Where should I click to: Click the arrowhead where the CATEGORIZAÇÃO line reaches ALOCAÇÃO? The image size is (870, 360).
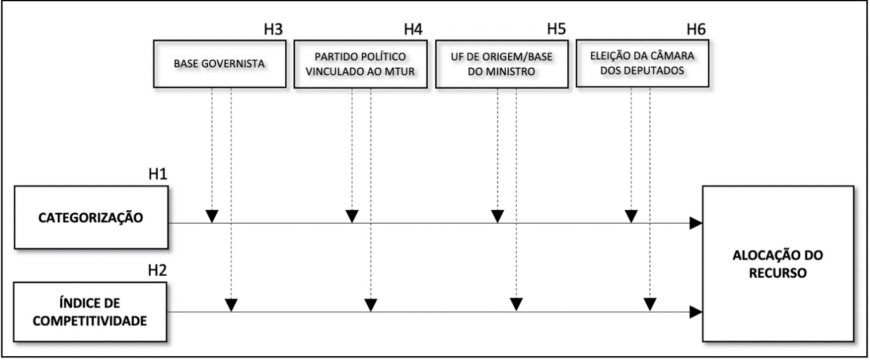pos(696,223)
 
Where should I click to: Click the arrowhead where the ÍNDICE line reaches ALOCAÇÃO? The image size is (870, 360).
pos(696,312)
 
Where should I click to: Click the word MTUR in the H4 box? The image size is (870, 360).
pos(400,72)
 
